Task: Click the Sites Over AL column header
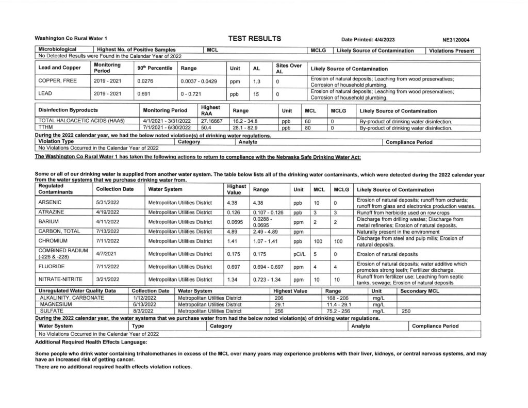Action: pyautogui.click(x=289, y=68)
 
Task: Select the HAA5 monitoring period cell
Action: pyautogui.click(x=167, y=121)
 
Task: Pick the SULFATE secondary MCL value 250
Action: pyautogui.click(x=406, y=312)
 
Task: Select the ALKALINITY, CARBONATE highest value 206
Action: pyautogui.click(x=280, y=298)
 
